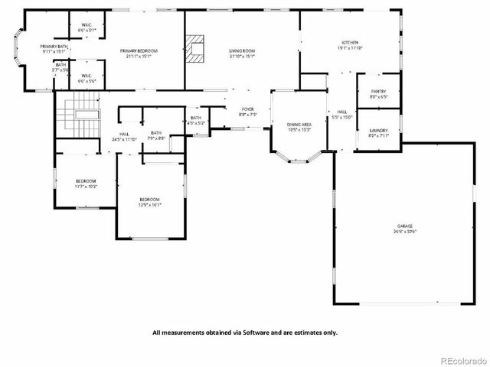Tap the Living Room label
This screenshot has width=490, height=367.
coord(241,50)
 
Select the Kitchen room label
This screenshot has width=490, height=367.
coord(350,42)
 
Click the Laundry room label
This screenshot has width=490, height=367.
coord(378,131)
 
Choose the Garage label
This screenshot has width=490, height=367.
coord(405,226)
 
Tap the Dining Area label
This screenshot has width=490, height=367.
coord(299,124)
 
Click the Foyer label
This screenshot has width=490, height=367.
coord(248,109)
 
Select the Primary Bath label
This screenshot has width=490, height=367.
coord(54,47)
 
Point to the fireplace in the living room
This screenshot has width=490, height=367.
coord(198,49)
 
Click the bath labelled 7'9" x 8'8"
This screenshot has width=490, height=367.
coord(156,138)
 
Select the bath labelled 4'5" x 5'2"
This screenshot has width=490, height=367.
coord(196,122)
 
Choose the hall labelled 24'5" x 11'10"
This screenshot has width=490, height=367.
coord(124,139)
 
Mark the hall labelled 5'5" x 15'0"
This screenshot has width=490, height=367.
coord(341,117)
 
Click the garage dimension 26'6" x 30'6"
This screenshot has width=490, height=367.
coord(405,231)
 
